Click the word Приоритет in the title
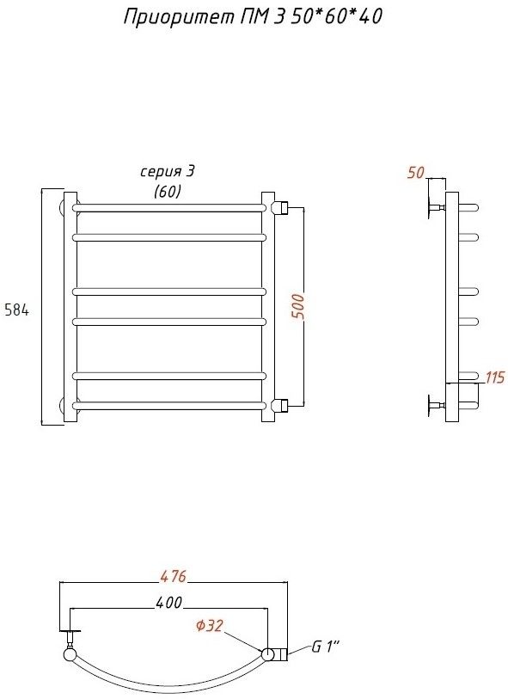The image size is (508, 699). click(178, 17)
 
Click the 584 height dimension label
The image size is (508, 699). click(16, 310)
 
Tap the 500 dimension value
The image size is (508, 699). click(298, 306)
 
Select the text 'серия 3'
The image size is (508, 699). click(168, 172)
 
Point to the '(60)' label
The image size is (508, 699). click(168, 191)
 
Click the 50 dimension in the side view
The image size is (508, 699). click(416, 173)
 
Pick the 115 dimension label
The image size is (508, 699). click(494, 377)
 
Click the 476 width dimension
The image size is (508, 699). click(173, 576)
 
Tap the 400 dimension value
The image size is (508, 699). click(168, 603)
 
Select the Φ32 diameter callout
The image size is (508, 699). click(209, 626)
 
